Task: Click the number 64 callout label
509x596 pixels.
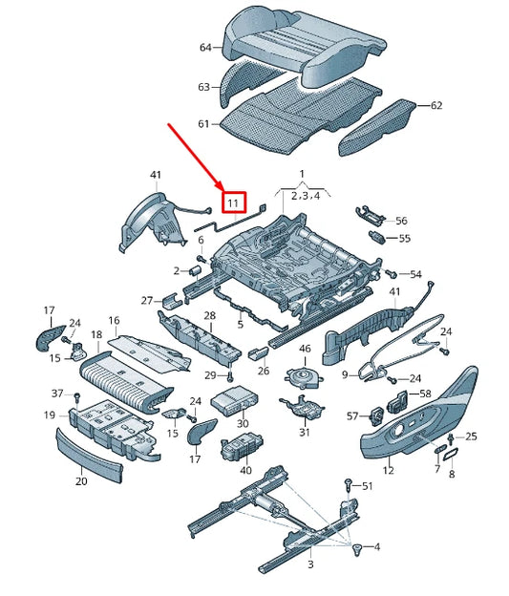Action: click(204, 48)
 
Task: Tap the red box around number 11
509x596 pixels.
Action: click(234, 202)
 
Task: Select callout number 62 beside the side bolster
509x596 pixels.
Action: click(436, 105)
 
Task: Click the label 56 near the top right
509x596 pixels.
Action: click(401, 220)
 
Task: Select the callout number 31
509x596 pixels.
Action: click(304, 433)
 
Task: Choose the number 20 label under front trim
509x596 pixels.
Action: click(81, 482)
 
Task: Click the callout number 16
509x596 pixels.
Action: click(113, 320)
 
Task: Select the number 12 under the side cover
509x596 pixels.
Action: click(388, 470)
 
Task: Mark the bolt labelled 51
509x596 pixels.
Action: click(350, 486)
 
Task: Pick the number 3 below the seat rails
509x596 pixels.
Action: click(310, 566)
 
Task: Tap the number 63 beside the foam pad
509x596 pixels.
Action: click(203, 87)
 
